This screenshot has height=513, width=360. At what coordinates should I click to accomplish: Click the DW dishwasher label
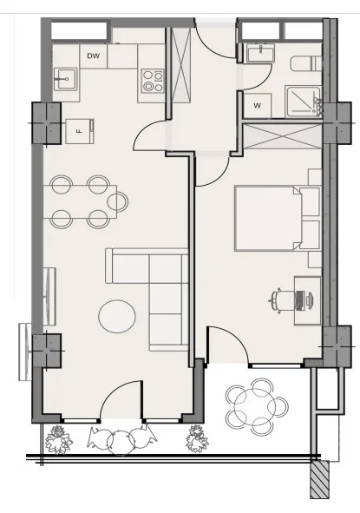point(93,56)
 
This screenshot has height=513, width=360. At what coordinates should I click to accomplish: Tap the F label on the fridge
point(79,132)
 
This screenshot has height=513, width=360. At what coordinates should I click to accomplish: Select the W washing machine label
point(258,106)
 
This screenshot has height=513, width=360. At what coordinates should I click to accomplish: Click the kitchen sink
point(66,78)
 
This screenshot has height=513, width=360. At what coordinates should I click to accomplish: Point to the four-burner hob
point(152,80)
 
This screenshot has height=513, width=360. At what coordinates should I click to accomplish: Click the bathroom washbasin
point(260,53)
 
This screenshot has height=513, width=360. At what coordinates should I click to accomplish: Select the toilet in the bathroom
point(306,63)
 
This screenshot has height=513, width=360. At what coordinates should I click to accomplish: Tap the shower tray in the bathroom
point(303,101)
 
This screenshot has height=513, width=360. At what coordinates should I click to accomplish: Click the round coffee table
point(117,316)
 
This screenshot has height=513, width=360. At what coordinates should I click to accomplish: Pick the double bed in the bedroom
point(277,218)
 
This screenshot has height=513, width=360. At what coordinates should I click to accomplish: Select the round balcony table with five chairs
point(257,407)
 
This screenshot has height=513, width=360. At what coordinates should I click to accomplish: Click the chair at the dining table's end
point(118,201)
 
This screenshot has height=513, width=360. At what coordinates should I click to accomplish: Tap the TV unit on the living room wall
point(49,296)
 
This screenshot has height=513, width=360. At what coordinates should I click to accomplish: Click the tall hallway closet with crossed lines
point(180,65)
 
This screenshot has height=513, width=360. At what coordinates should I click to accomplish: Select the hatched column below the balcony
point(319,480)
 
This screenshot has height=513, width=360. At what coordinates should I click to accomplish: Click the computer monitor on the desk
point(300,300)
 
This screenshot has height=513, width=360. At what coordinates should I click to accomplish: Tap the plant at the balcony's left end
point(58,440)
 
